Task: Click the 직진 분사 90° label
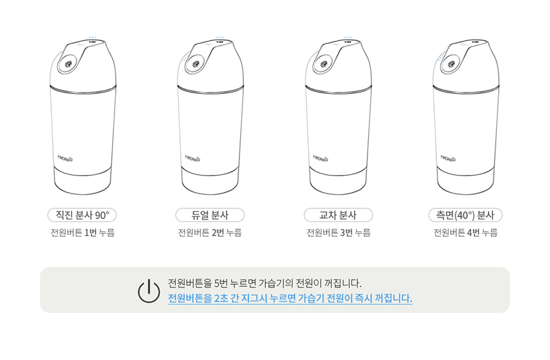82,215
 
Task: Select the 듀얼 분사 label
210,215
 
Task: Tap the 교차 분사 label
338,215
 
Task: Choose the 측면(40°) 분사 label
465,215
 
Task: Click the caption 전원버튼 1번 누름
82,232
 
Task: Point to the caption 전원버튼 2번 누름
210,232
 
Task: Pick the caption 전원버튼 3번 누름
338,232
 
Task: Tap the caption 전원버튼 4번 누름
465,232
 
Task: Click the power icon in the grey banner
149,291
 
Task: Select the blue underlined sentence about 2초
290,298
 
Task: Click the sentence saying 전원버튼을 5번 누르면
265,283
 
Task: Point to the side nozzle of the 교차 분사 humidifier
324,64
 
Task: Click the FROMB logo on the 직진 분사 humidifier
65,158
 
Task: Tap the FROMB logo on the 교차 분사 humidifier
320,158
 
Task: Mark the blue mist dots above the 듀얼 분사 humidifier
220,37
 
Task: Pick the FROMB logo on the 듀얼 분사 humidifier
193,158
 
